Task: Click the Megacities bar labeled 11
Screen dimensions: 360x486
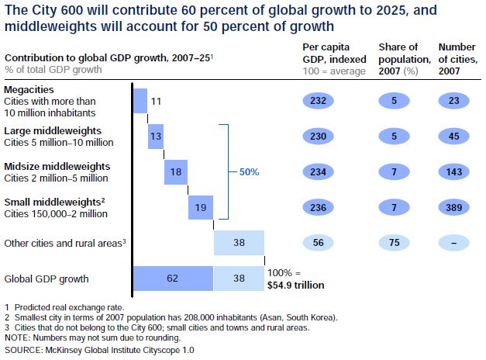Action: click(x=140, y=101)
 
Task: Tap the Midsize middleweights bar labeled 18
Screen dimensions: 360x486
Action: click(x=175, y=171)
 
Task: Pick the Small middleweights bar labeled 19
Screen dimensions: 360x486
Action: click(x=200, y=207)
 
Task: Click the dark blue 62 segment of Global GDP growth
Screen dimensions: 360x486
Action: click(x=173, y=278)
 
